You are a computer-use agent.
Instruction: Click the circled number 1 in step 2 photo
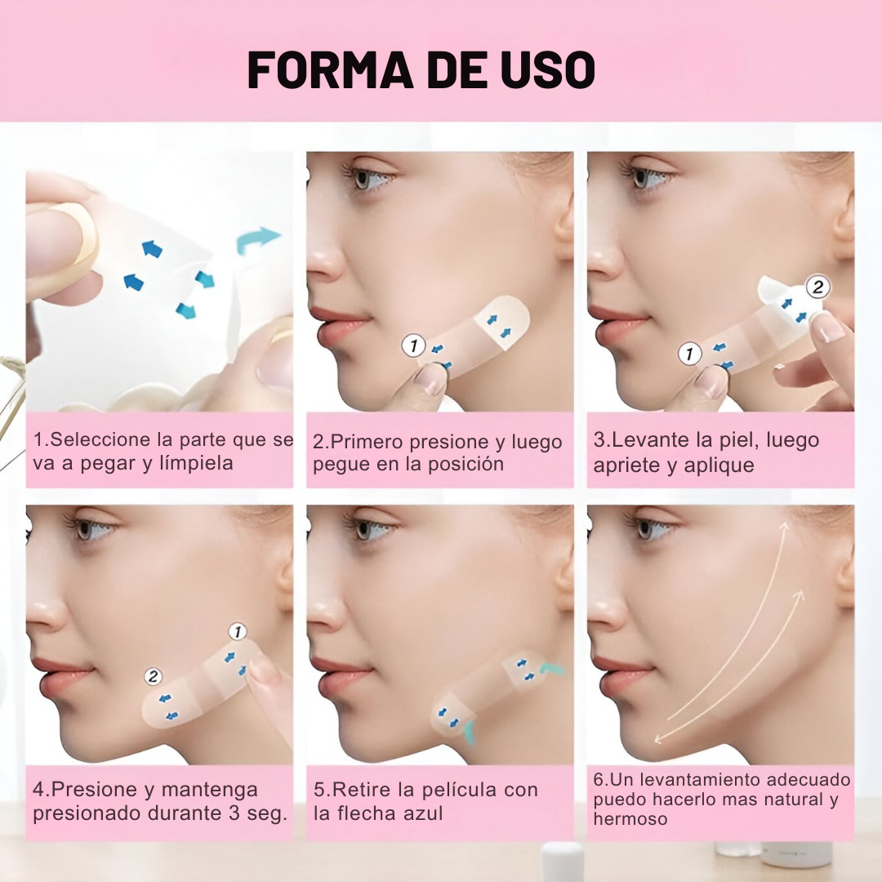[x=414, y=345]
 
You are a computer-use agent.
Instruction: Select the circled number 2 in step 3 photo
[x=817, y=287]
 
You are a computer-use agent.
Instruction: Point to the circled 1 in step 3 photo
[x=689, y=354]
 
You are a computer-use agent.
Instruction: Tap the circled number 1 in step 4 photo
[x=238, y=631]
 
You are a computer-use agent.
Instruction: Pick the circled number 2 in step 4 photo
[x=153, y=676]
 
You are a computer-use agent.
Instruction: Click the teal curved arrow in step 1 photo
[x=257, y=239]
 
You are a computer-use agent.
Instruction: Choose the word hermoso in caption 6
[x=630, y=819]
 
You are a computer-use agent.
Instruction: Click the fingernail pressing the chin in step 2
[x=431, y=379]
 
